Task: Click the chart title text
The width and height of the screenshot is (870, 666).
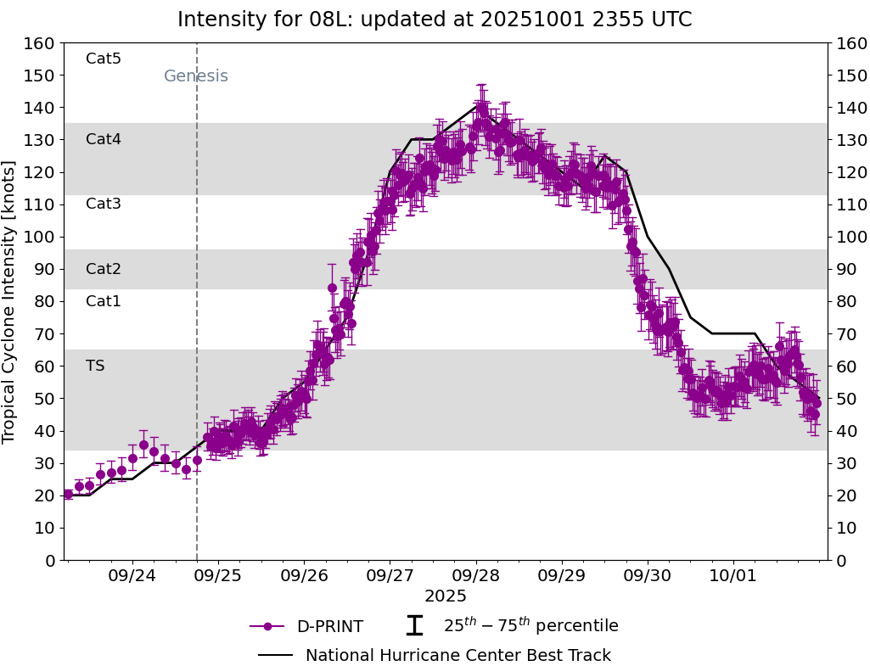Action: (x=435, y=20)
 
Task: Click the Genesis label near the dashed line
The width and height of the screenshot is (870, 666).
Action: (x=195, y=76)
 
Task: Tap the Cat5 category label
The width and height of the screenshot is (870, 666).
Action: (x=104, y=59)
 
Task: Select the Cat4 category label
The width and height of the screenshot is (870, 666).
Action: (x=104, y=139)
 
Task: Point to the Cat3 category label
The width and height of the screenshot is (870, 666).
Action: (x=104, y=204)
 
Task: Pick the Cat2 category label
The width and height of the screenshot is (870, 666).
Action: (x=104, y=269)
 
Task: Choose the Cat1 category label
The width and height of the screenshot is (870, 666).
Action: (x=104, y=301)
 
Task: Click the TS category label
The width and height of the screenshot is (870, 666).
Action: (x=95, y=366)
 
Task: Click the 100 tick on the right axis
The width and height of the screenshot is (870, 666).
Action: (x=850, y=237)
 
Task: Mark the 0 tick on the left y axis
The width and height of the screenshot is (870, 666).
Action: (x=49, y=560)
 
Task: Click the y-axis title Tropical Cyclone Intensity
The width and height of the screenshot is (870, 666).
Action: (x=9, y=301)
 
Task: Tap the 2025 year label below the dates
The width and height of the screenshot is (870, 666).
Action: (x=446, y=596)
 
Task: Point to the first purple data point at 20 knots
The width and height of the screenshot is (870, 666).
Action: (x=68, y=494)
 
